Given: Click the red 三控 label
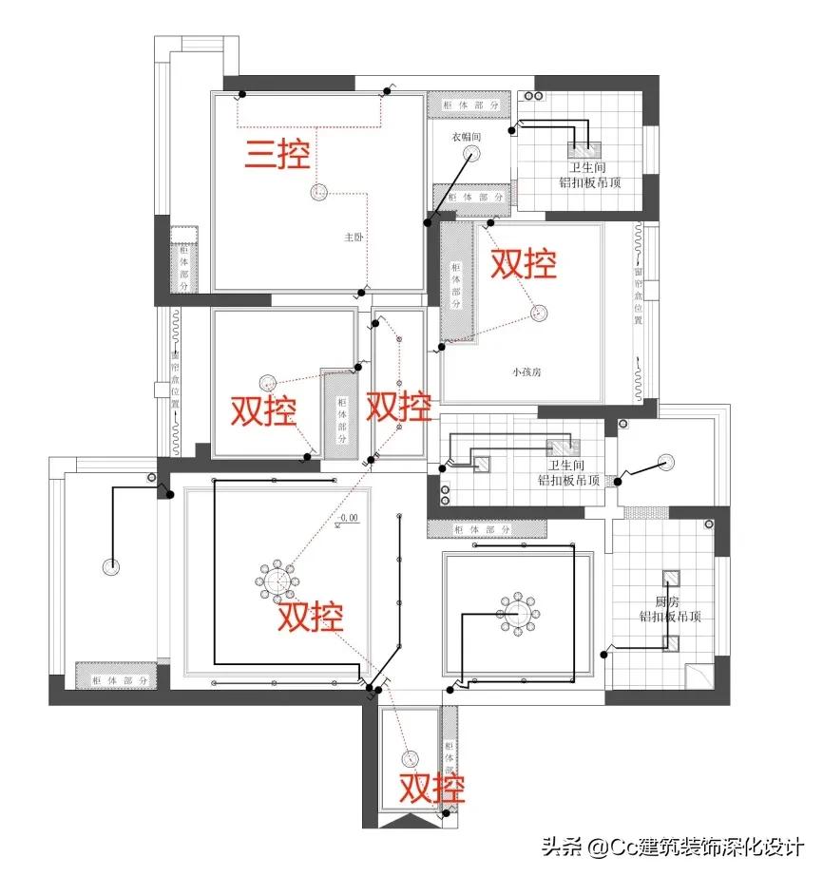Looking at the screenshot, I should click(x=278, y=154).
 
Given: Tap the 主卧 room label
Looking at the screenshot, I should click(x=354, y=239).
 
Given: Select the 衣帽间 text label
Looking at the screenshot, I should click(x=467, y=137).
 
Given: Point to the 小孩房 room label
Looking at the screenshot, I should click(x=526, y=372).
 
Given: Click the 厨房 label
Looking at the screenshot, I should click(x=669, y=601).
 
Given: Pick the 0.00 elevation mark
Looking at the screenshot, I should click(x=348, y=519).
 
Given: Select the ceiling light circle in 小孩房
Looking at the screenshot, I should click(x=541, y=312).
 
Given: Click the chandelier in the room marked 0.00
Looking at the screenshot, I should click(x=277, y=579).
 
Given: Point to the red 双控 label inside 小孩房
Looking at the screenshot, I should click(x=523, y=264).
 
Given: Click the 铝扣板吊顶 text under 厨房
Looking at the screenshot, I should click(x=671, y=617).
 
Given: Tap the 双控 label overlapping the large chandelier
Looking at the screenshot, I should click(x=310, y=619).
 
